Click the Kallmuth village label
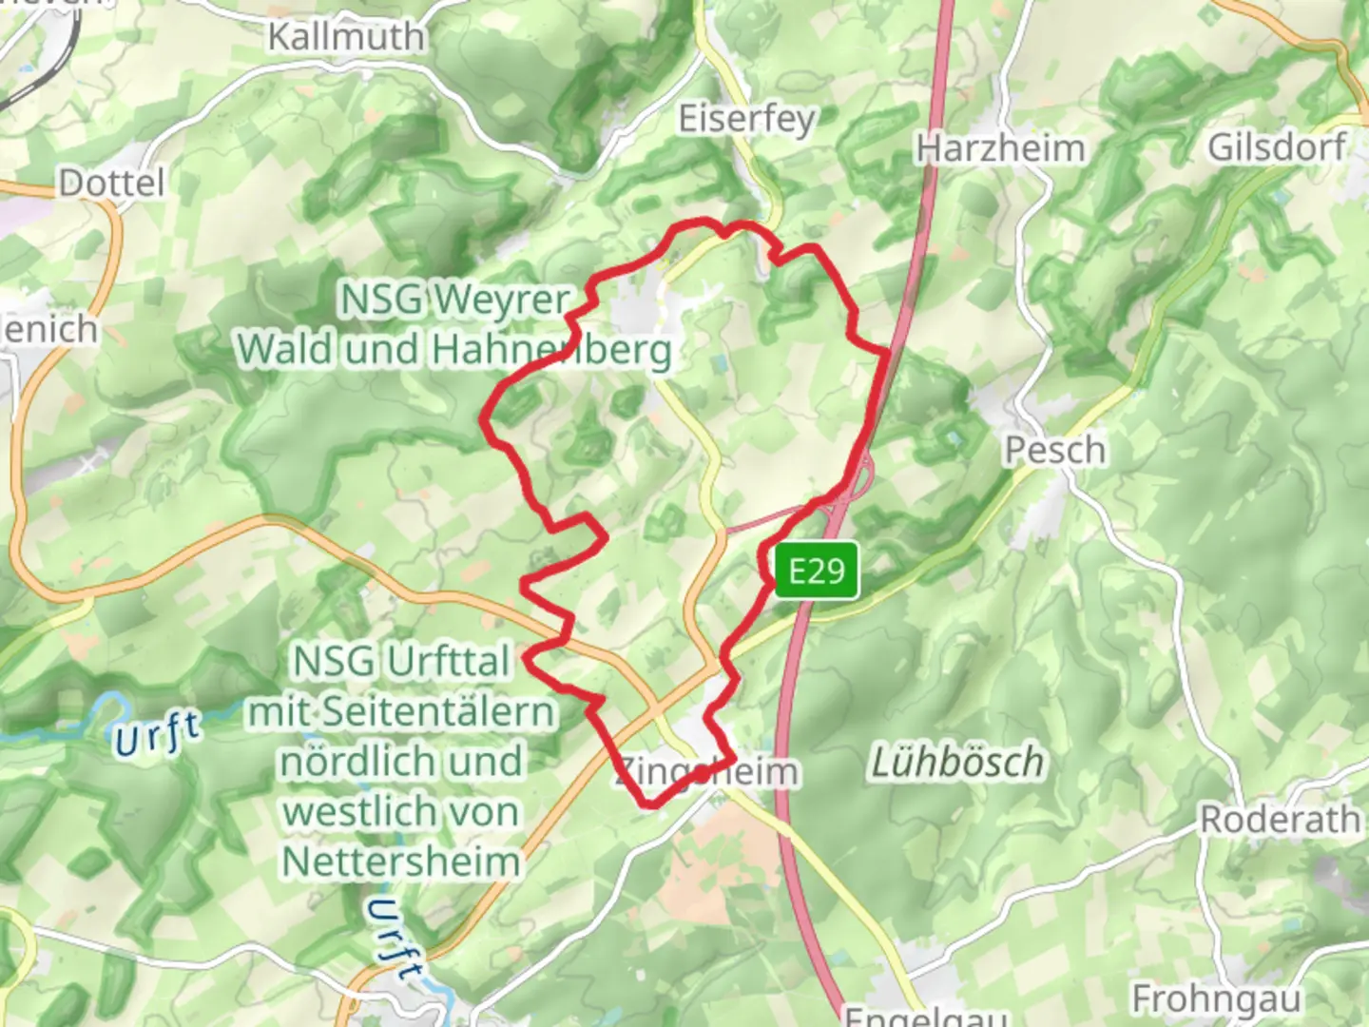coord(346,37)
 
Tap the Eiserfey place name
coord(746,119)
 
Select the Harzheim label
coord(1000,148)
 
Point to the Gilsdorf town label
coord(1276,146)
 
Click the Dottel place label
coord(111,183)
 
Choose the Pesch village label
coord(1055,450)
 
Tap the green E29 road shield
coord(817,571)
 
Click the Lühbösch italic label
coord(956,763)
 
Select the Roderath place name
coord(1280,819)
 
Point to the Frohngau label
coord(1216,999)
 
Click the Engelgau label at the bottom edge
coord(925,1016)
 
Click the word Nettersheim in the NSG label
coord(401,862)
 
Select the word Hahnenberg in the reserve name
coord(551,350)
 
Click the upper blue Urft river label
coord(158,734)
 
